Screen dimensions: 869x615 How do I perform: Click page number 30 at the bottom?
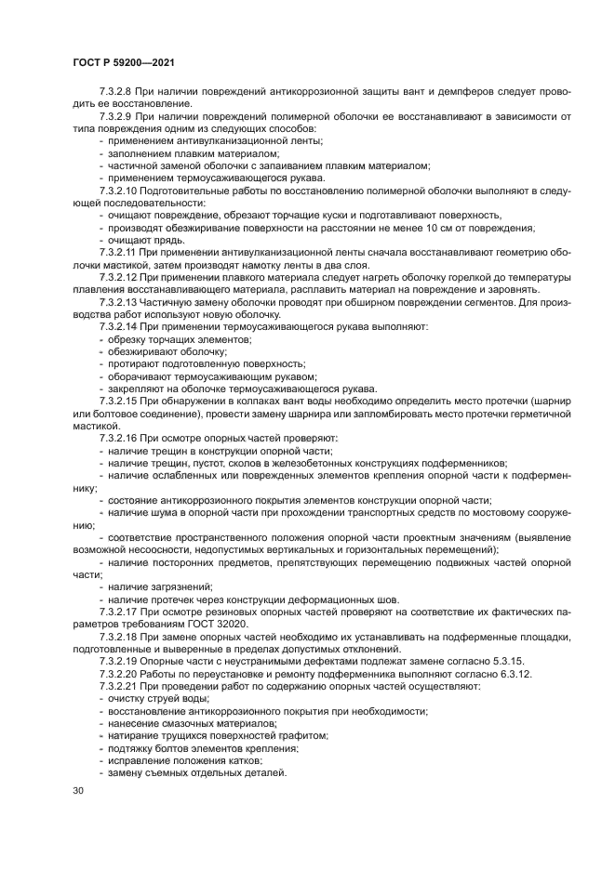click(x=78, y=790)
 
